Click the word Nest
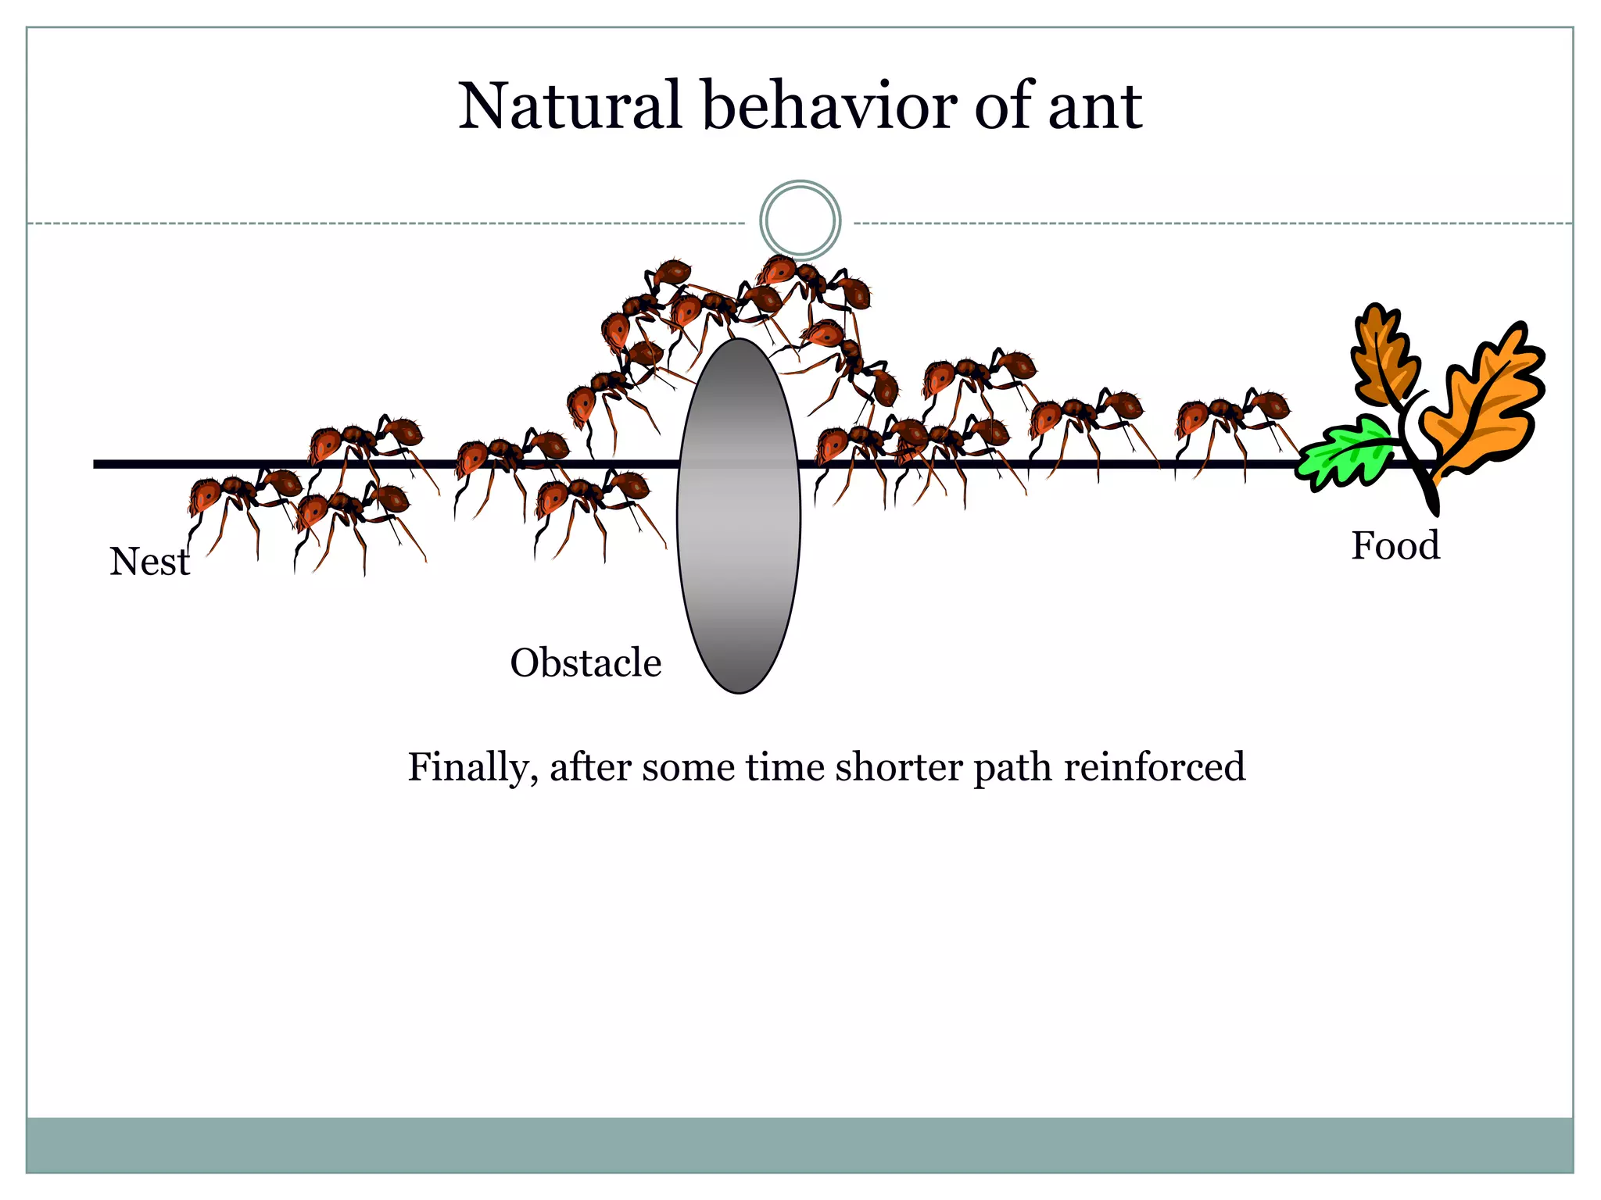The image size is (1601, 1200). [x=149, y=562]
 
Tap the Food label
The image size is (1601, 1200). [x=1395, y=546]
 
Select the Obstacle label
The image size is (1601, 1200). [x=586, y=663]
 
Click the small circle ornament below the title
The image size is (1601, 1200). [x=800, y=220]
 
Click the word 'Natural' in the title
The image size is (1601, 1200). [x=570, y=106]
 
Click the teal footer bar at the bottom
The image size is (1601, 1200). [x=800, y=1145]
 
